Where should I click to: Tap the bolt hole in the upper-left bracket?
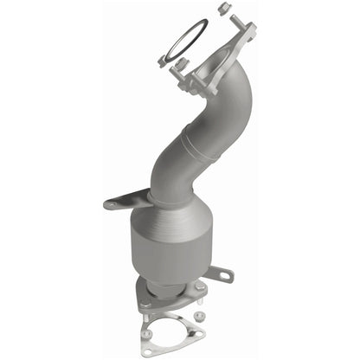coord(112,205)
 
